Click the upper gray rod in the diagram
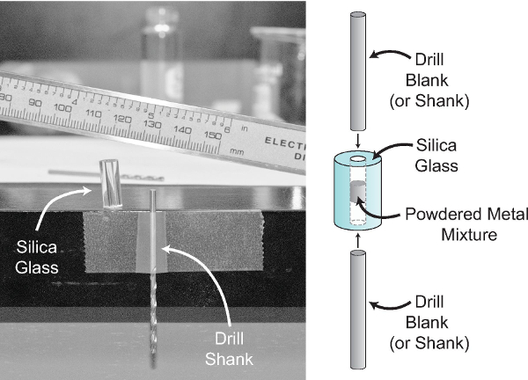click(x=357, y=69)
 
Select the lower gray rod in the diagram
click(x=357, y=309)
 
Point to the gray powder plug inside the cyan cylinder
click(x=356, y=201)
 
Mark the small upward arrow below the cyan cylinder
click(x=357, y=238)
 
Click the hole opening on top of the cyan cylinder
click(x=357, y=159)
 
